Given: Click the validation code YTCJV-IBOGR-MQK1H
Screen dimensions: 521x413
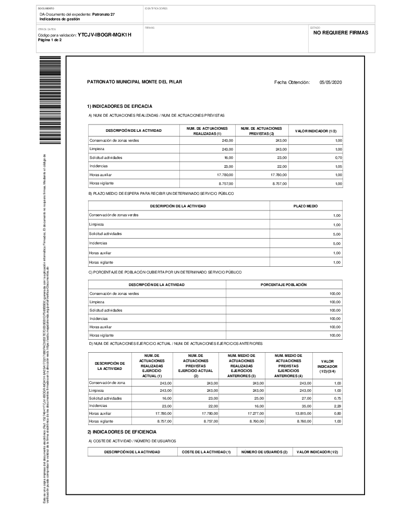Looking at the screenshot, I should pyautogui.click(x=104, y=35).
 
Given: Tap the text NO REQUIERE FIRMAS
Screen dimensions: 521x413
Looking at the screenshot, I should pyautogui.click(x=341, y=32).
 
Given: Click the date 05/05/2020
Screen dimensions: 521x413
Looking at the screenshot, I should pyautogui.click(x=330, y=82).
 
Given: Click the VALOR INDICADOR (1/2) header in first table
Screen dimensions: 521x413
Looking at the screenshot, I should pyautogui.click(x=316, y=130).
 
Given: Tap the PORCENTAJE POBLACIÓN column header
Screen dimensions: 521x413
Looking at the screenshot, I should pyautogui.click(x=284, y=284).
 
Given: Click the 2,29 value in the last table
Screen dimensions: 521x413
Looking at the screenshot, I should pyautogui.click(x=338, y=405).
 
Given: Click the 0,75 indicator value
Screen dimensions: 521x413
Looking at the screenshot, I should pyautogui.click(x=338, y=398).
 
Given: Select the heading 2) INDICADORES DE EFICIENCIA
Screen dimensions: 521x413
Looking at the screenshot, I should pyautogui.click(x=122, y=432).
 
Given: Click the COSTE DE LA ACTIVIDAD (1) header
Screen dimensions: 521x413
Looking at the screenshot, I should pyautogui.click(x=207, y=452).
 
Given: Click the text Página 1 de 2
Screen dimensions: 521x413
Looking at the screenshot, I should pyautogui.click(x=50, y=40).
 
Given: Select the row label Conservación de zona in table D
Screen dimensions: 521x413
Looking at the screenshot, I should pyautogui.click(x=107, y=383).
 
